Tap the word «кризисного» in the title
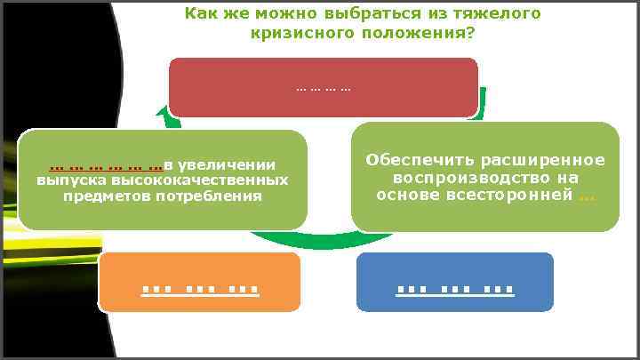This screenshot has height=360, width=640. tap(298, 33)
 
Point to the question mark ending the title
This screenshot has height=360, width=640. tap(469, 33)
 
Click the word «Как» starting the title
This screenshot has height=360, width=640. tap(200, 14)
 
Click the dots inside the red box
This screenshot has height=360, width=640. tap(323, 89)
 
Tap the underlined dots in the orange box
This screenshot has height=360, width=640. tap(200, 288)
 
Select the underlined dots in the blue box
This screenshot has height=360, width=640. tap(454, 288)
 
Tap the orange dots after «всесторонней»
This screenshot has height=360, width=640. tap(587, 196)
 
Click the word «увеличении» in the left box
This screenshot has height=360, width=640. tap(227, 164)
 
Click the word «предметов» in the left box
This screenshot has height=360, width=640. tap(96, 195)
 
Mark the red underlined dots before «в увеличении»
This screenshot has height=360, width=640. tap(105, 165)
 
